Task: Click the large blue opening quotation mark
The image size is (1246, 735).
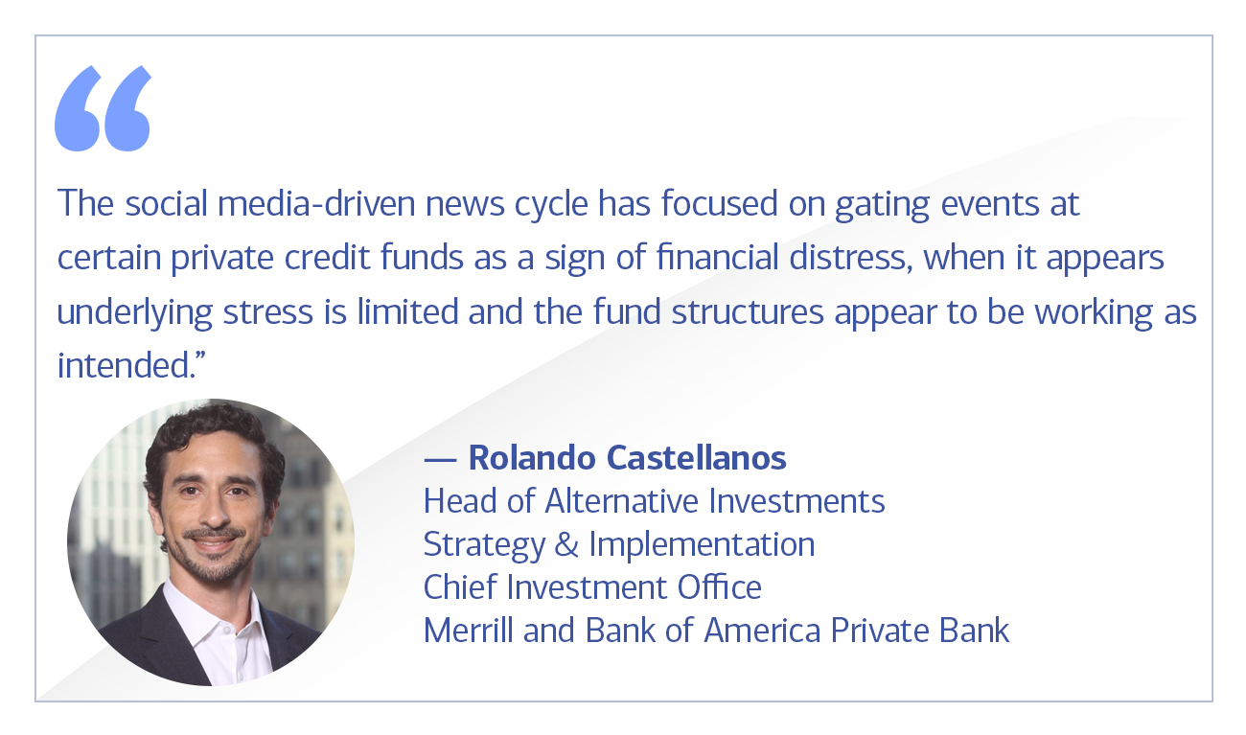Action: tap(103, 108)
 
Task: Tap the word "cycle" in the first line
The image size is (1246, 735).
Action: tap(550, 204)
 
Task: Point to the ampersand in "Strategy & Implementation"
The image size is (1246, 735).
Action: tap(566, 544)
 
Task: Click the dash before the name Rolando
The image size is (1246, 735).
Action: tap(439, 459)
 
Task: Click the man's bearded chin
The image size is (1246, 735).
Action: tap(213, 570)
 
